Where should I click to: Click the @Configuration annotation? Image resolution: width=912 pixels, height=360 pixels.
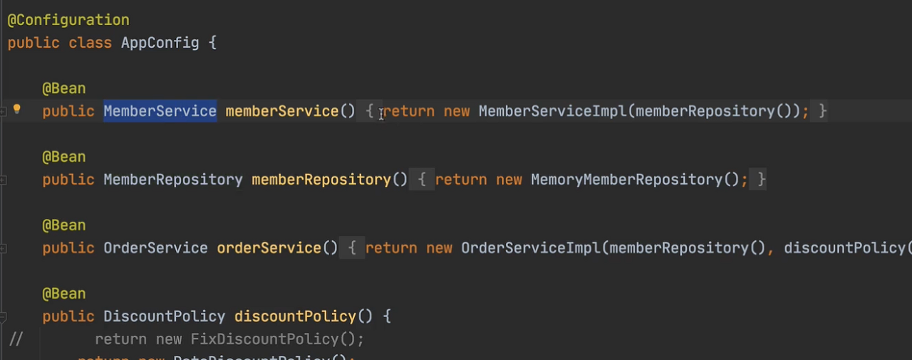pyautogui.click(x=68, y=20)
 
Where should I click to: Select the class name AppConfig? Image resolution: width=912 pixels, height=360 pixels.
pyautogui.click(x=160, y=43)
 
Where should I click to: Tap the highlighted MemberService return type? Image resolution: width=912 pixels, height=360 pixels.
pyautogui.click(x=160, y=111)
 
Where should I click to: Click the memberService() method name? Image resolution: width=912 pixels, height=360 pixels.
pyautogui.click(x=282, y=111)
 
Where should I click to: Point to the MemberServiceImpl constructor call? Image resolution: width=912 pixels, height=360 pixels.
pyautogui.click(x=554, y=111)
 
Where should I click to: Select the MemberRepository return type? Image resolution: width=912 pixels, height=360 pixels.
pyautogui.click(x=173, y=180)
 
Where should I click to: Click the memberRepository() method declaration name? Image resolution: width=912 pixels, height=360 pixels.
pyautogui.click(x=321, y=180)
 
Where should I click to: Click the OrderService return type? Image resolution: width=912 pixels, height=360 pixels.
pyautogui.click(x=155, y=248)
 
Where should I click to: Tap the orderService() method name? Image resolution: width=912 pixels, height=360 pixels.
pyautogui.click(x=269, y=248)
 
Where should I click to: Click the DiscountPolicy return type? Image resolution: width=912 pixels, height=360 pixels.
pyautogui.click(x=164, y=317)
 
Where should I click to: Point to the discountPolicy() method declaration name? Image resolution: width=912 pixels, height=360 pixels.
pyautogui.click(x=295, y=317)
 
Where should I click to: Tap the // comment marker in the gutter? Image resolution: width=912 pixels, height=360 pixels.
pyautogui.click(x=16, y=339)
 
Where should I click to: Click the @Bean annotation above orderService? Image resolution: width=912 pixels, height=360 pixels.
pyautogui.click(x=64, y=225)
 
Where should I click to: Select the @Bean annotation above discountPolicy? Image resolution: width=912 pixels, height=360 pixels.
pyautogui.click(x=64, y=294)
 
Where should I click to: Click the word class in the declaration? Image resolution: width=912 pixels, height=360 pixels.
pyautogui.click(x=90, y=43)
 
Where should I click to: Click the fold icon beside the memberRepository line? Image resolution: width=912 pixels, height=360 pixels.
pyautogui.click(x=4, y=180)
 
